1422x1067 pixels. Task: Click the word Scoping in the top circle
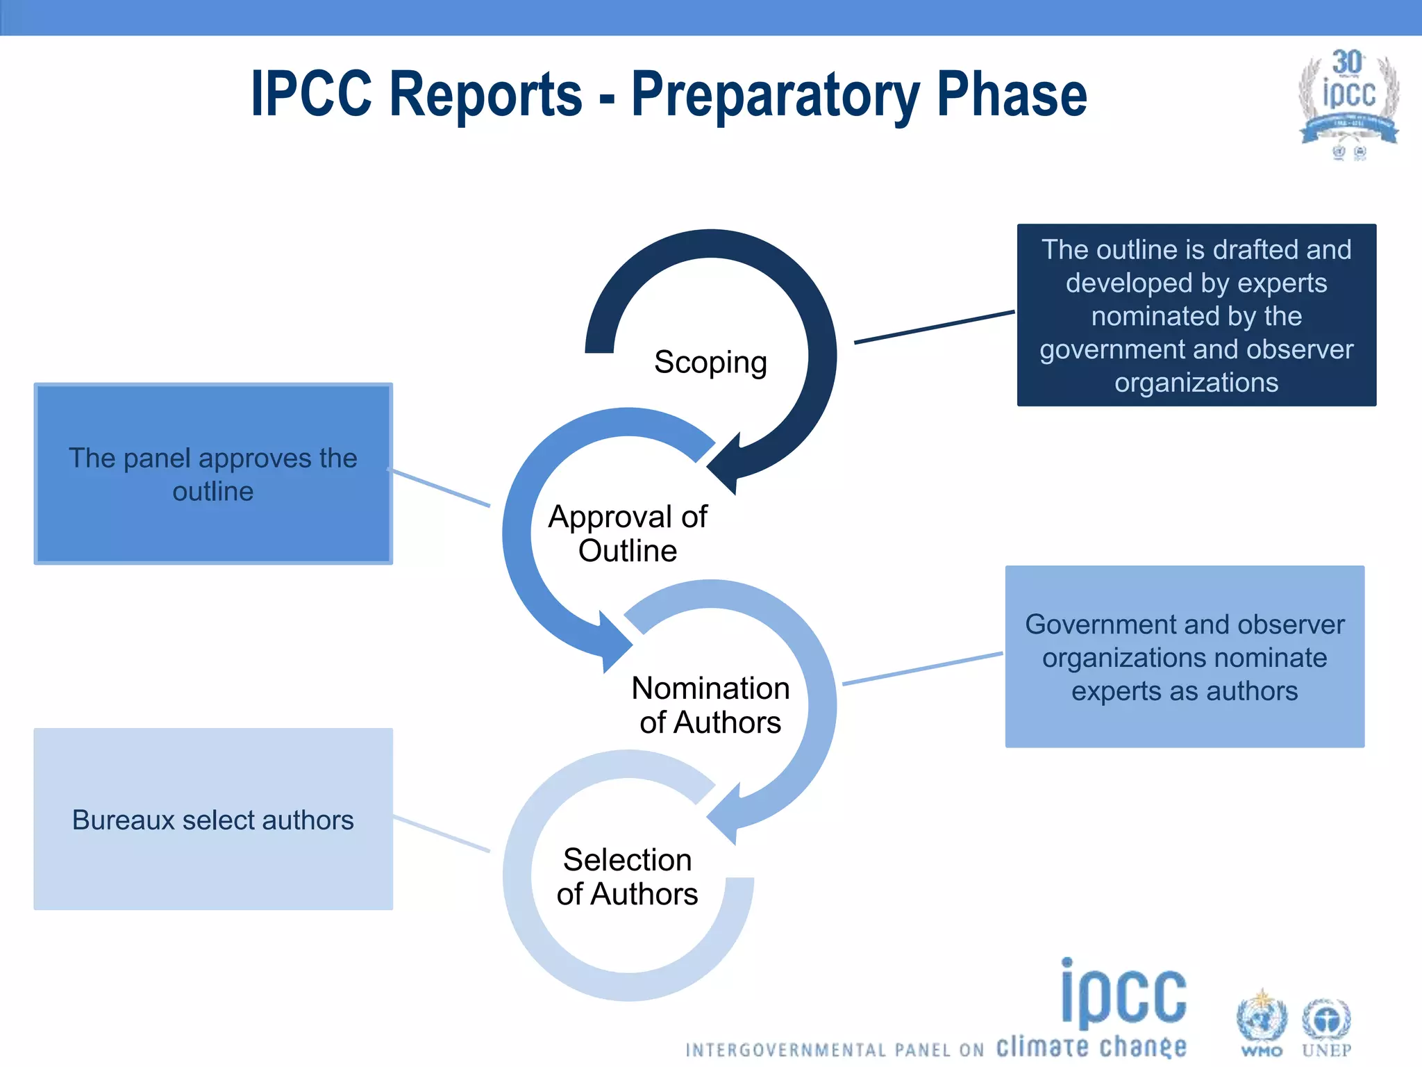pos(710,362)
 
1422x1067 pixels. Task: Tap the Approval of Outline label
pos(628,533)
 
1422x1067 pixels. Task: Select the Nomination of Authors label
pos(710,705)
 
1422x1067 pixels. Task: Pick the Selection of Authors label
pos(627,877)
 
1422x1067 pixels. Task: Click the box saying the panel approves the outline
pos(213,474)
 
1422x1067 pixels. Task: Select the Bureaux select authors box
pos(213,819)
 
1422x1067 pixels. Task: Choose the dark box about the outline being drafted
pos(1196,315)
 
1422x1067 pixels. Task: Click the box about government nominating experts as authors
pos(1185,656)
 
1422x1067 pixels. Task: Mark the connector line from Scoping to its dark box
pos(934,327)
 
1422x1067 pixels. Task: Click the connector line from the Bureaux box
pos(442,834)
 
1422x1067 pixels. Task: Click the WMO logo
pos(1262,1023)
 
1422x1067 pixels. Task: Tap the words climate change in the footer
pos(1091,1046)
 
